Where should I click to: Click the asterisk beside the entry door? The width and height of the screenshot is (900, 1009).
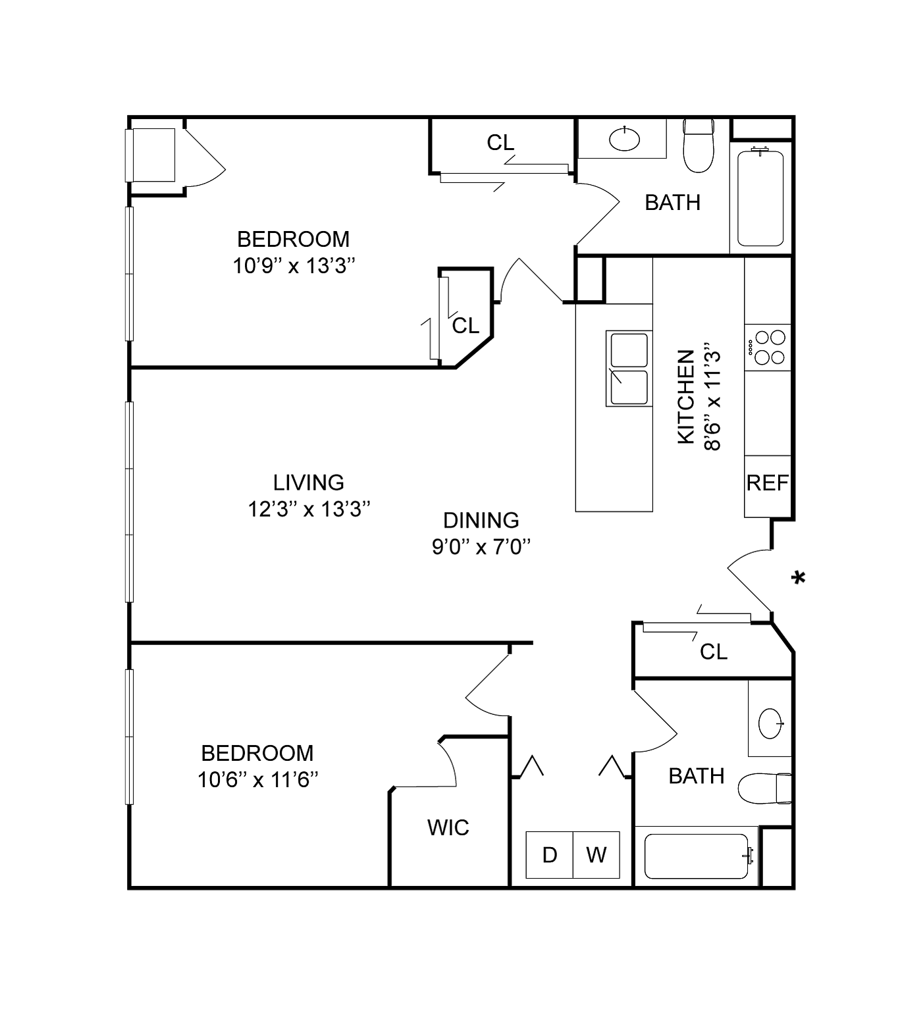799,577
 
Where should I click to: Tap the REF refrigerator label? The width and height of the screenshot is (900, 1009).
767,482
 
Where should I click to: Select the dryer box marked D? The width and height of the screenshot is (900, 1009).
549,854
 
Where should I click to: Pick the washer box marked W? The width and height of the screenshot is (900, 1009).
596,854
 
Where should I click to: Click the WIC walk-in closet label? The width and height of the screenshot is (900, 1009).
448,828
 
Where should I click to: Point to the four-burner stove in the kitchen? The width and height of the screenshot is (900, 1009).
768,347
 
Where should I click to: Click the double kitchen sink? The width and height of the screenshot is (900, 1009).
629,369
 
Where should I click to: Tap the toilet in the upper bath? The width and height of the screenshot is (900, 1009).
698,145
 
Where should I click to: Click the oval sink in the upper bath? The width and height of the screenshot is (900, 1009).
624,138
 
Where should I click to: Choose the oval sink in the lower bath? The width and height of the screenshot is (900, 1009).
770,723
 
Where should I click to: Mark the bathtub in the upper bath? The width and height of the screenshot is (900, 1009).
760,198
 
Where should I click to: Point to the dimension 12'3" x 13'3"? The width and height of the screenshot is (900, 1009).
309,509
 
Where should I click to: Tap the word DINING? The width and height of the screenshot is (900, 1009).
481,520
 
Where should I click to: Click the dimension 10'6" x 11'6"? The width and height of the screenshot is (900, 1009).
257,779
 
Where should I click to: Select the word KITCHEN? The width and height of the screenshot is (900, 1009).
686,396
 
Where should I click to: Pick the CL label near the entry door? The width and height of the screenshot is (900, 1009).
714,652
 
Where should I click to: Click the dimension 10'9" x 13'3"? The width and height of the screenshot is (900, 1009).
294,265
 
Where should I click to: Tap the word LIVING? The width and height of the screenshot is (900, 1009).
309,482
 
